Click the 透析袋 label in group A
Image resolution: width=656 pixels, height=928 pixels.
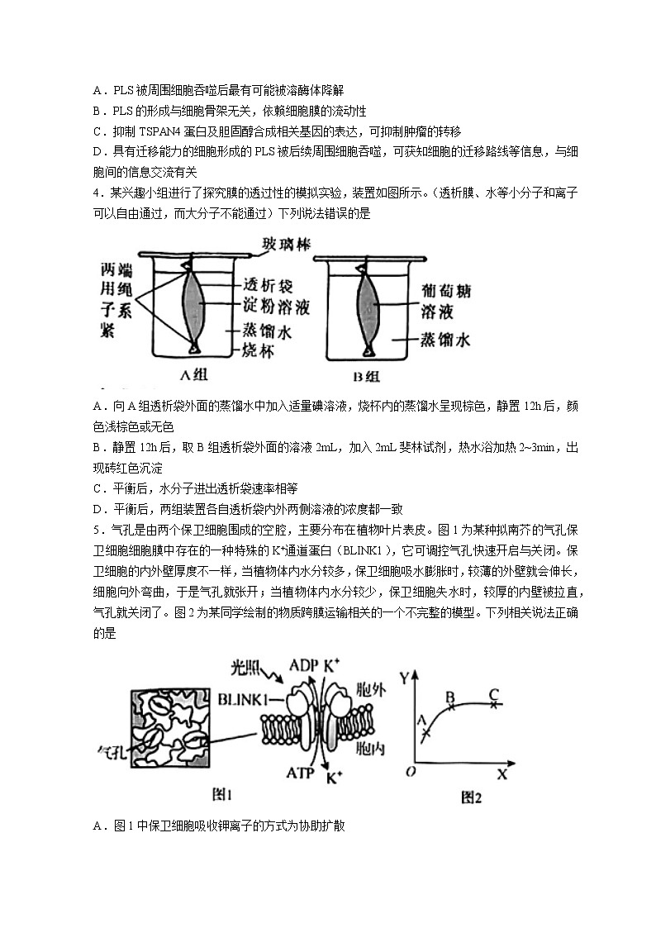[264, 279]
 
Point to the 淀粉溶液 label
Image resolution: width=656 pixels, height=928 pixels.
[273, 303]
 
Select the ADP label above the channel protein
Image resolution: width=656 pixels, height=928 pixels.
[305, 664]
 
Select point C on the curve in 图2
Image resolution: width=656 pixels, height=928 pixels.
[494, 703]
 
